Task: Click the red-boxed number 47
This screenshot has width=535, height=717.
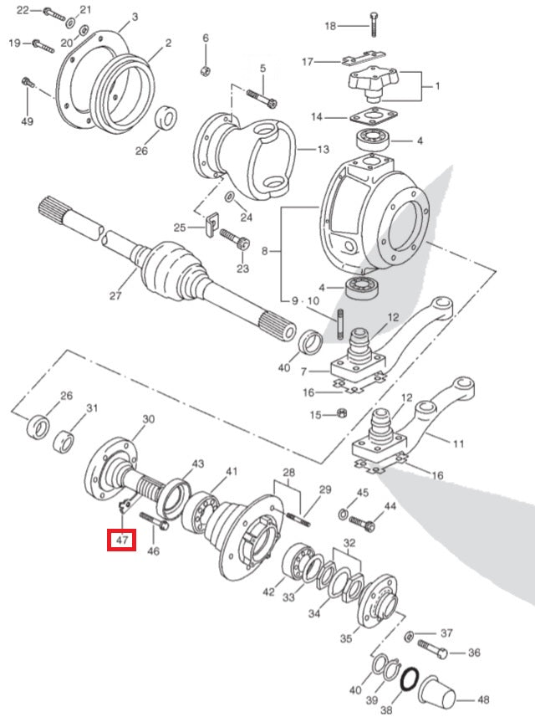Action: [122, 540]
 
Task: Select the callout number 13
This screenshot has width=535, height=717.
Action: [299, 150]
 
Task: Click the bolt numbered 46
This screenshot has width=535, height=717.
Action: [155, 524]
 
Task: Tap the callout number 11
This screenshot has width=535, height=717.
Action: [457, 443]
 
